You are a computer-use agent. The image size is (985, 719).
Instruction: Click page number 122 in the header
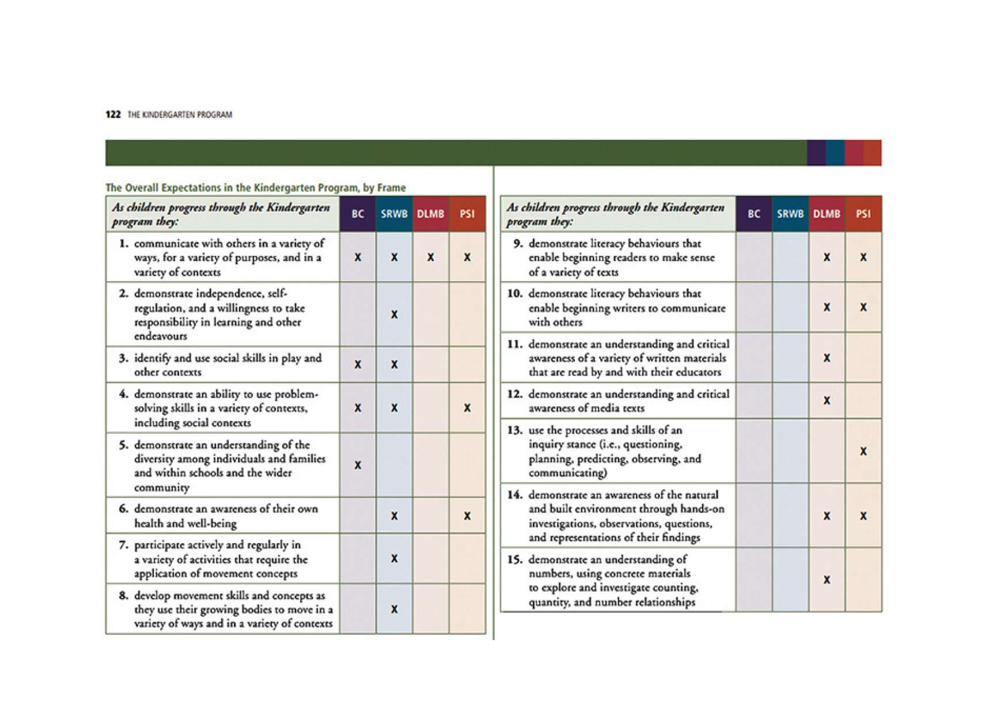[113, 114]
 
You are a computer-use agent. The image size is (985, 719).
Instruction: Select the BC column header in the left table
[358, 214]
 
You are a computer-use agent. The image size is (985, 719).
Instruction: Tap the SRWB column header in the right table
[790, 214]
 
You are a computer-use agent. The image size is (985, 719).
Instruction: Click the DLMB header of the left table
[430, 214]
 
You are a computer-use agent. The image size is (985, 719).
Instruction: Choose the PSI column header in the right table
[863, 214]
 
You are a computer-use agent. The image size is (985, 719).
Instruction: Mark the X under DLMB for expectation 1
[430, 257]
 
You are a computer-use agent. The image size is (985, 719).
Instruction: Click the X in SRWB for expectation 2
[394, 315]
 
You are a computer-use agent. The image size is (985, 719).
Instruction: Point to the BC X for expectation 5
[358, 465]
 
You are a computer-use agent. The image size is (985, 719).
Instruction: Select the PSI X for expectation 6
[467, 516]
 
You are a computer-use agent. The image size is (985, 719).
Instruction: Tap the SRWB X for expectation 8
[394, 609]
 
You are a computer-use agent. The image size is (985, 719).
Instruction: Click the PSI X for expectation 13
[863, 451]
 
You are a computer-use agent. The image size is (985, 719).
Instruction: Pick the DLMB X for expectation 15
[827, 580]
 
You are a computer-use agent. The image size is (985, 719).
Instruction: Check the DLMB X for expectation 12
[827, 400]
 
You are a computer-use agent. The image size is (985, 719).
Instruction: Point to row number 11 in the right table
[514, 344]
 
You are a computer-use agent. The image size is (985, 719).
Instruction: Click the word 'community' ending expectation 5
[161, 487]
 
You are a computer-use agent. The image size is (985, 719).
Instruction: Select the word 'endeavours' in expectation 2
[160, 336]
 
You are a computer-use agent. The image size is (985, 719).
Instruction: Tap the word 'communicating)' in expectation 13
[567, 473]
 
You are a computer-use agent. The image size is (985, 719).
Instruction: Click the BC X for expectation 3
[358, 364]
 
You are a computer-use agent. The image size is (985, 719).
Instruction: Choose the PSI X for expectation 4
[467, 408]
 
